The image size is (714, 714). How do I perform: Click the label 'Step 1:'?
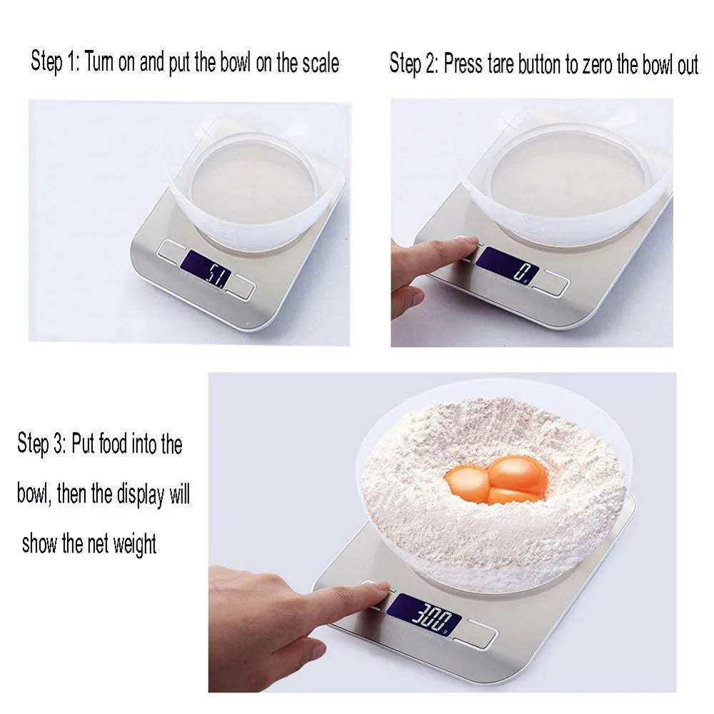(x=55, y=62)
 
